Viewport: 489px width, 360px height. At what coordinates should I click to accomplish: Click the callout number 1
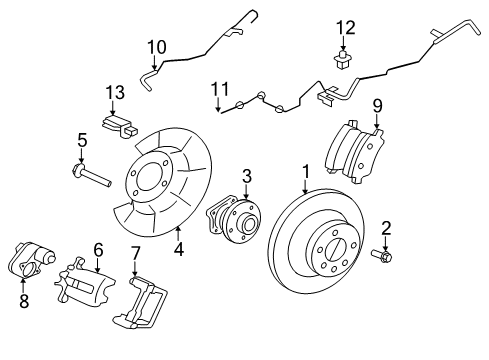[x=305, y=171]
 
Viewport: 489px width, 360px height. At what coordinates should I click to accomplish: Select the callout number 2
[x=385, y=227]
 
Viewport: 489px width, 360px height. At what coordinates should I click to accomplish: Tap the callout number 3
[x=245, y=177]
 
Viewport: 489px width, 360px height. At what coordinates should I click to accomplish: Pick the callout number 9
[x=377, y=104]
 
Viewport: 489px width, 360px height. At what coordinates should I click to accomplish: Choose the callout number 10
[x=157, y=47]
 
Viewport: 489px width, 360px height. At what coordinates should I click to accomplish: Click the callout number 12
[x=345, y=27]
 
